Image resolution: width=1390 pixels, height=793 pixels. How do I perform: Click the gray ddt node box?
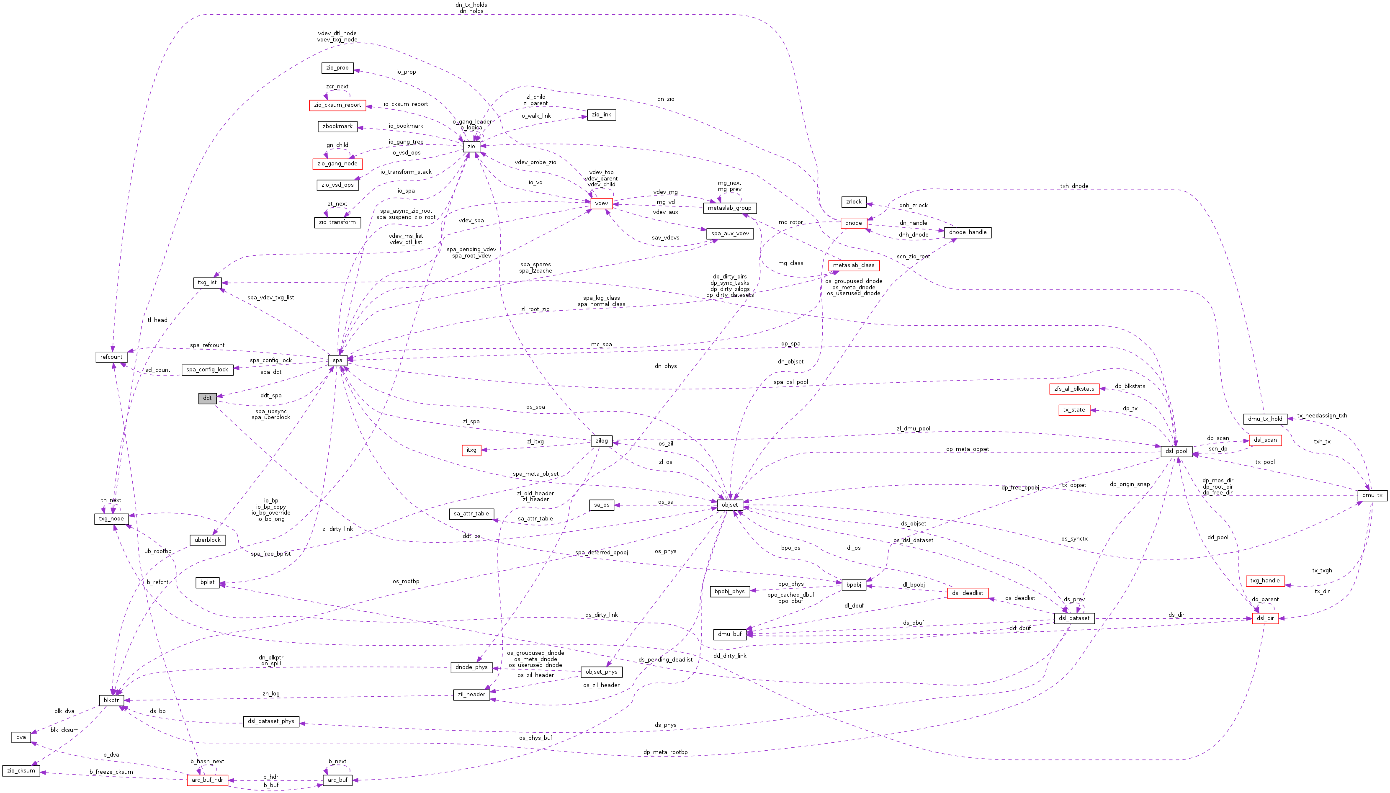(x=207, y=398)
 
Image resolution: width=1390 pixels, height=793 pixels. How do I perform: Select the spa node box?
(x=337, y=360)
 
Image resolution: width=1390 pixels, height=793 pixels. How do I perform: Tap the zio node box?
(x=471, y=146)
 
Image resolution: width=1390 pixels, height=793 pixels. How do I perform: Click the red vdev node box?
(x=601, y=203)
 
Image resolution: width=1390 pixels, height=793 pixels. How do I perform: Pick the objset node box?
(x=730, y=505)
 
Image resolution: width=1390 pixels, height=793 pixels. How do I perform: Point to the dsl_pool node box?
(x=1176, y=451)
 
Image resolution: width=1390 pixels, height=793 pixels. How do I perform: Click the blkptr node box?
(x=111, y=700)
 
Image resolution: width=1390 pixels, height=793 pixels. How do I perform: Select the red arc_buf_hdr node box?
(x=207, y=780)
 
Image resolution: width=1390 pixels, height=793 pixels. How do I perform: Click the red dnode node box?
(x=853, y=223)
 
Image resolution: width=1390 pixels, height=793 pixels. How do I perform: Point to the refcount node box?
(x=111, y=357)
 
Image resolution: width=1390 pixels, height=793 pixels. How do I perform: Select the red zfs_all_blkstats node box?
(x=1073, y=389)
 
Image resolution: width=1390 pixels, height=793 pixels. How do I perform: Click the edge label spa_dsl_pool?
(x=790, y=382)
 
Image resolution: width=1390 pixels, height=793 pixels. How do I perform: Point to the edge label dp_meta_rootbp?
(x=665, y=752)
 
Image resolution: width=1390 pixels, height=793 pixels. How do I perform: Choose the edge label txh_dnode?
(x=1073, y=186)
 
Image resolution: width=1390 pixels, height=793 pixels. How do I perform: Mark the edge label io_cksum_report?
(x=406, y=104)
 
